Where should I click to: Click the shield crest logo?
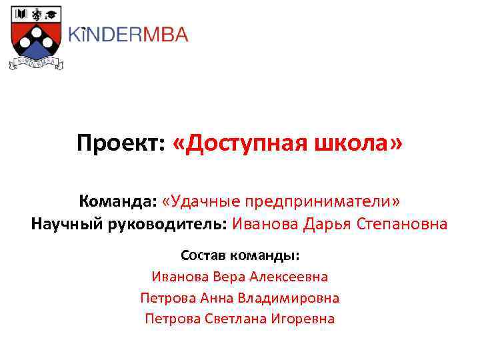tap(35, 37)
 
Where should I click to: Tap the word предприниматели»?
tap(324, 201)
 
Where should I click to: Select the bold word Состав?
tap(203, 255)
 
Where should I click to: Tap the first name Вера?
tap(228, 276)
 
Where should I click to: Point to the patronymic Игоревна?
tap(304, 319)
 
